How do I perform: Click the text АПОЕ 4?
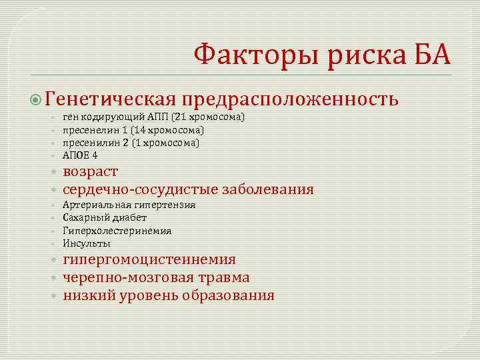click(80, 155)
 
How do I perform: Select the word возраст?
click(91, 172)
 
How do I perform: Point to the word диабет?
click(129, 218)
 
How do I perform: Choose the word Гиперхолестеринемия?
click(117, 231)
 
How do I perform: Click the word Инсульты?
click(87, 243)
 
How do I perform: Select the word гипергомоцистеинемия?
click(149, 260)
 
